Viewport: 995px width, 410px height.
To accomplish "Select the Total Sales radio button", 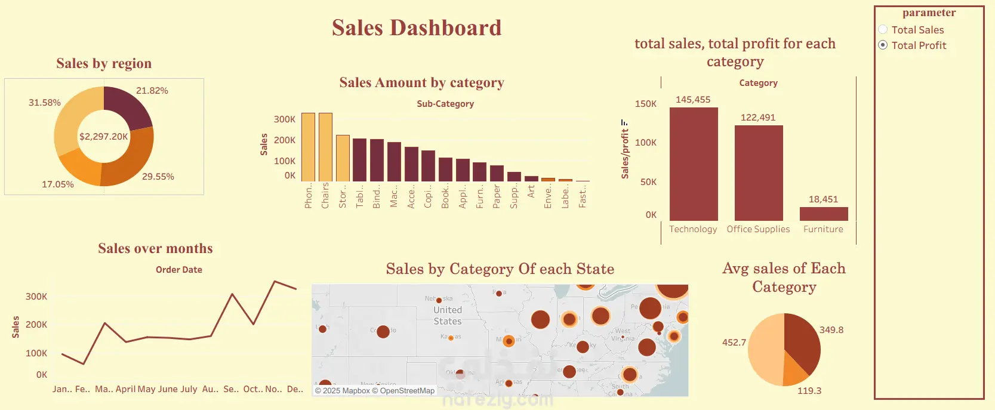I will click(883, 30).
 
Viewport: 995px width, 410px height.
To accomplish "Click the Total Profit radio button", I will click(883, 45).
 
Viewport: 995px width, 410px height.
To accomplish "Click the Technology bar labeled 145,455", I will click(694, 164).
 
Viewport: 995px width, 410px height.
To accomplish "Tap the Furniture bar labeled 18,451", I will click(824, 214).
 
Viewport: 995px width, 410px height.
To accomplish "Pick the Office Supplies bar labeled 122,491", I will click(759, 173).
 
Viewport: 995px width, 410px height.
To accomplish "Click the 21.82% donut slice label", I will click(152, 91).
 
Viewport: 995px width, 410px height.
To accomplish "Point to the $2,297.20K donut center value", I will click(104, 137).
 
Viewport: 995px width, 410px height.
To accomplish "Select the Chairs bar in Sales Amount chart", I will click(325, 147).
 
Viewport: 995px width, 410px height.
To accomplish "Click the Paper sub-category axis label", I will click(497, 196).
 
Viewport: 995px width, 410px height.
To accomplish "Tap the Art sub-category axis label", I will click(531, 191).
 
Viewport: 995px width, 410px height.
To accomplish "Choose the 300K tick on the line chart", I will click(36, 297).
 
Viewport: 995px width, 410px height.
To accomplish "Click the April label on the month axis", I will click(126, 389).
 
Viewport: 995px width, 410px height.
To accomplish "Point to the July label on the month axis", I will click(189, 389).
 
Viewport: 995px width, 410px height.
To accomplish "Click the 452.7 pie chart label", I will click(734, 343).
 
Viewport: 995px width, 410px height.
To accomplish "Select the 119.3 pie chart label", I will click(809, 391).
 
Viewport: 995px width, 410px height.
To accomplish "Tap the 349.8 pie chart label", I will click(831, 330).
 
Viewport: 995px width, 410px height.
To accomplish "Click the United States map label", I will click(448, 316).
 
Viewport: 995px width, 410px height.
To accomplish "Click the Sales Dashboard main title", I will click(417, 28).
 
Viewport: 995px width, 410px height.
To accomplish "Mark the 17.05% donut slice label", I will click(58, 184).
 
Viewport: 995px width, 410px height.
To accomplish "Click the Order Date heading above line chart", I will click(179, 270).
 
